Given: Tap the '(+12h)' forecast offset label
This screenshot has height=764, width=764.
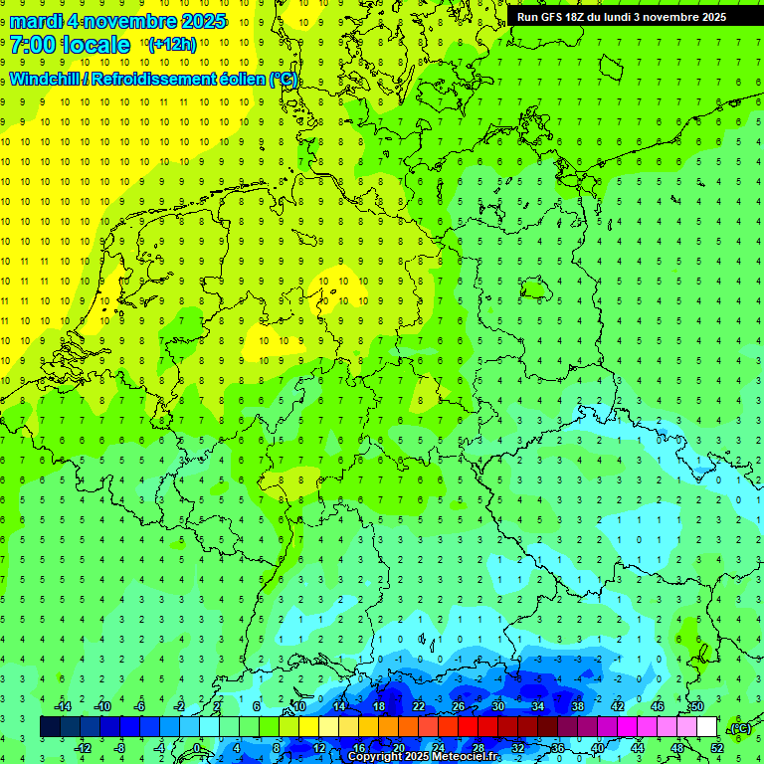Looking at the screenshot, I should [171, 45].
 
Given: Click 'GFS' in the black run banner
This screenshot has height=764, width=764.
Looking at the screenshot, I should [555, 17].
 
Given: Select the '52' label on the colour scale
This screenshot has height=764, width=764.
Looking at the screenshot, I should [717, 748].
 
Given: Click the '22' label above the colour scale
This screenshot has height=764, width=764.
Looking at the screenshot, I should [419, 706].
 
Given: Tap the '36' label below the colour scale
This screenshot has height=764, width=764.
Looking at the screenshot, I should [557, 748].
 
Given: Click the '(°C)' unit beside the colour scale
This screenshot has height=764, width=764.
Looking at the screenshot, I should [739, 728].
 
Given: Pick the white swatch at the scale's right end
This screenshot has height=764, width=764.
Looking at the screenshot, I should [706, 727].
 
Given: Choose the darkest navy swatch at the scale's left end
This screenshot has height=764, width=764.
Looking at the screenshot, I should [51, 727].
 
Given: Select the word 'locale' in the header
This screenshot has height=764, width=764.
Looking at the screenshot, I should [96, 45].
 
